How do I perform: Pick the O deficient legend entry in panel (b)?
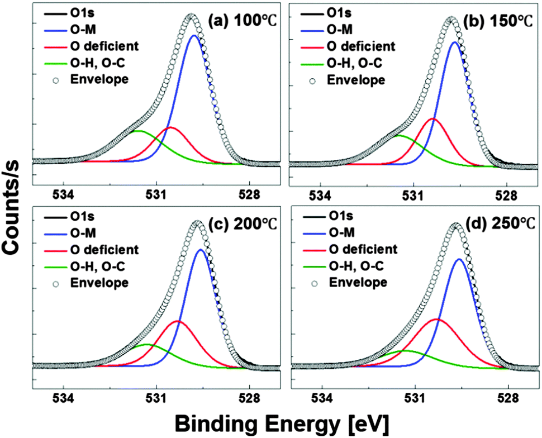pos(360,46)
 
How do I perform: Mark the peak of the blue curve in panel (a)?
pos(194,35)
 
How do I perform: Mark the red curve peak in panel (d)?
pos(436,319)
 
